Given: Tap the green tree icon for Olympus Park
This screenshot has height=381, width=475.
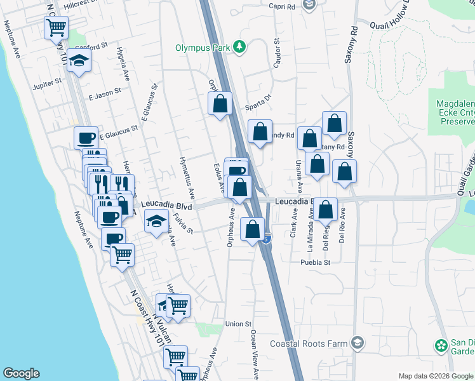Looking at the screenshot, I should click(x=239, y=46).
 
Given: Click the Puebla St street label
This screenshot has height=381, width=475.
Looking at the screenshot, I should click(x=316, y=262).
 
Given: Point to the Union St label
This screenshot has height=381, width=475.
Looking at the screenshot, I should click(x=238, y=324).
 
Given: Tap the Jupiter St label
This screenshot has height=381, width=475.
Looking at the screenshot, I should click(x=48, y=81).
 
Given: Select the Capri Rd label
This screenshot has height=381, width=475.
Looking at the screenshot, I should click(x=281, y=7).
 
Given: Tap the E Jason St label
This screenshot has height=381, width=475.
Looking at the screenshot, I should click(x=105, y=93).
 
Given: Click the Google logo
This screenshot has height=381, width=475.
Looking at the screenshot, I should click(x=21, y=373).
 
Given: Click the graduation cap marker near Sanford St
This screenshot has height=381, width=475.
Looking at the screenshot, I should click(x=80, y=61).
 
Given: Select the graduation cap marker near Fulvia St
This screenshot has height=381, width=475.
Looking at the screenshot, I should click(x=156, y=222).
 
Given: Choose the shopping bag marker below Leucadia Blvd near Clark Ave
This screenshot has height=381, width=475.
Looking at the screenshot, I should click(x=326, y=210).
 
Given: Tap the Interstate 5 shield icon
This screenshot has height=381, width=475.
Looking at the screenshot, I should click(x=267, y=240).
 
